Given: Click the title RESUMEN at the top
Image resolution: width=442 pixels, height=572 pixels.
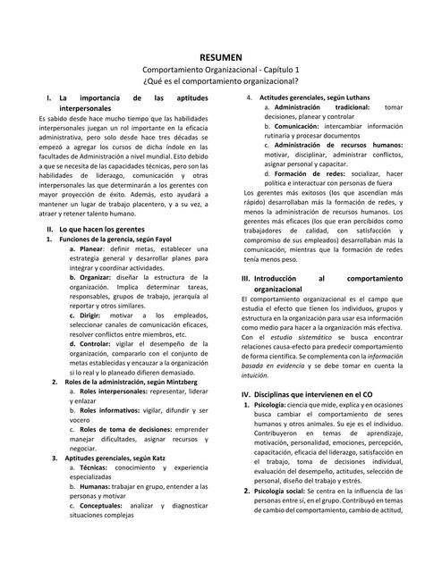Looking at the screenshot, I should point(220,56).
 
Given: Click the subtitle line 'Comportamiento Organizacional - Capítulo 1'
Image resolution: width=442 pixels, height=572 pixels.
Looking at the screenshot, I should point(220,69).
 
